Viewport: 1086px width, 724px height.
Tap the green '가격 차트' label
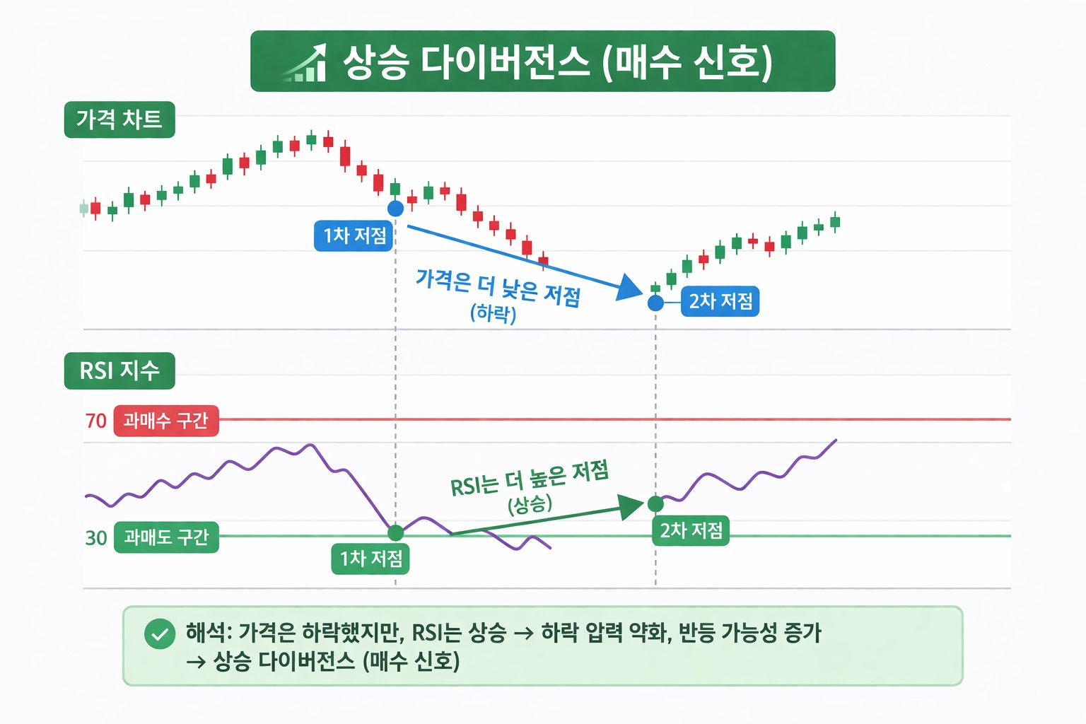tap(119, 119)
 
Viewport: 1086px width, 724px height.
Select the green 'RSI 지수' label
tap(119, 370)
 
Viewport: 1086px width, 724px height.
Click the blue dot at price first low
tap(395, 209)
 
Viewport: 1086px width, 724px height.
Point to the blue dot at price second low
tap(656, 303)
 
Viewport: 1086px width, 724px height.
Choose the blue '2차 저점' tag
tap(720, 301)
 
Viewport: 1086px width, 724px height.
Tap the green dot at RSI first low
tap(396, 532)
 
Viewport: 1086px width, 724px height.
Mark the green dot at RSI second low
tap(656, 504)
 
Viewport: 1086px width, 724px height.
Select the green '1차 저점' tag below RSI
tap(370, 559)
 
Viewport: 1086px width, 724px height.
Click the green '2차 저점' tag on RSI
tap(691, 530)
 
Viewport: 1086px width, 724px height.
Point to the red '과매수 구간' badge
tap(166, 421)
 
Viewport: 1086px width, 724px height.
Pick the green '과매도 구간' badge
tap(166, 537)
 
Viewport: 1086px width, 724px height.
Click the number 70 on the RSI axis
tap(95, 421)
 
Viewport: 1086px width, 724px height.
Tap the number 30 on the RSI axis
tap(95, 538)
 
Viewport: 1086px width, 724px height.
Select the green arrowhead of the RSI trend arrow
tap(631, 506)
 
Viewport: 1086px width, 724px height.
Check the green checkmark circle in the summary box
tap(160, 633)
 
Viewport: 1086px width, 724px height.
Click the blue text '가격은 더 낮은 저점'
tap(498, 287)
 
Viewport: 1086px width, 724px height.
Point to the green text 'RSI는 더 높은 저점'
tap(529, 478)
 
